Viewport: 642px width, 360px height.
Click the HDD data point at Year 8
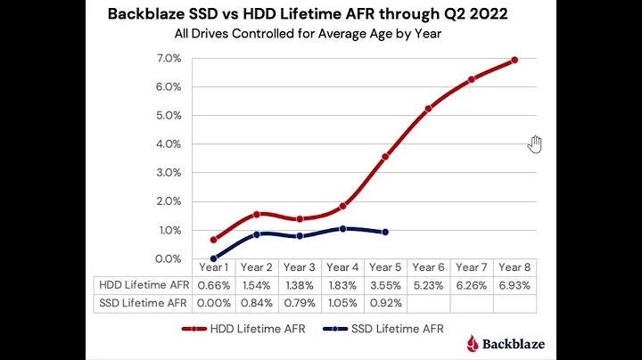point(514,61)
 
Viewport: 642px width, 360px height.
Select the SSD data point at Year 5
point(385,232)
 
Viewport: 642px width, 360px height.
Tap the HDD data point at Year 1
point(214,240)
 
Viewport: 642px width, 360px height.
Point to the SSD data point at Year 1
point(214,258)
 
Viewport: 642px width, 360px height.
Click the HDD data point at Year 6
point(429,109)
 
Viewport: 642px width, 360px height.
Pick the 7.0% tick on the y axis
point(169,58)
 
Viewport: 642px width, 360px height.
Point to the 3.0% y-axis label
point(169,173)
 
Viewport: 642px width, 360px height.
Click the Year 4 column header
point(342,266)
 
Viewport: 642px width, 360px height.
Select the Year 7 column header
point(472,266)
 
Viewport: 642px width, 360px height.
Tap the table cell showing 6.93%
point(514,284)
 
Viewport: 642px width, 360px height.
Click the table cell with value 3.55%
point(385,284)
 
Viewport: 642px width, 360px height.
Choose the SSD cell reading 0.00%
point(214,303)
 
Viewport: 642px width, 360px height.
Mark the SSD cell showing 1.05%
point(342,303)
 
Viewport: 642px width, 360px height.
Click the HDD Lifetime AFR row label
point(142,284)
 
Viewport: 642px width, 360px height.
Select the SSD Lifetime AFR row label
point(142,303)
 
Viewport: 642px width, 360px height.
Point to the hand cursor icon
point(535,144)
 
